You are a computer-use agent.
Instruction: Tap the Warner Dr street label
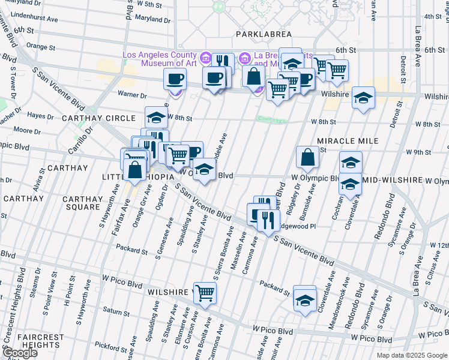(x=132, y=94)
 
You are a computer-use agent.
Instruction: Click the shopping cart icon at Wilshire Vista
(x=205, y=292)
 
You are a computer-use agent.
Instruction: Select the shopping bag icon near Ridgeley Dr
(x=307, y=157)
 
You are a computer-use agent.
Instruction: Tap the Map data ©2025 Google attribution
(x=412, y=355)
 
